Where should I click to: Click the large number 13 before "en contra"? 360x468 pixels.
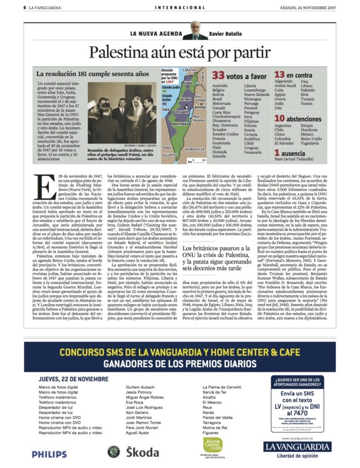coord(280,76)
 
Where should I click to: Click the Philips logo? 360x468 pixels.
coord(49,454)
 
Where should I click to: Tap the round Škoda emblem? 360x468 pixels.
coord(114,452)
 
